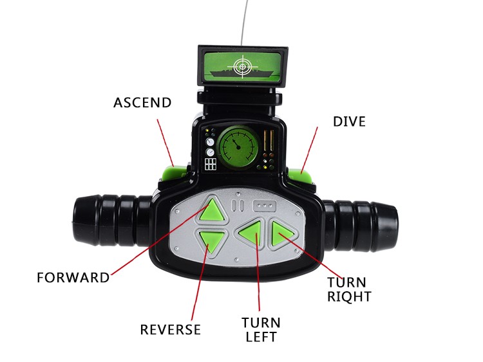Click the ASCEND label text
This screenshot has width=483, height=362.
(142, 102)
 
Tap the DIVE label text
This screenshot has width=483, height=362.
(349, 121)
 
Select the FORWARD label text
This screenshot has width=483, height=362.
(73, 278)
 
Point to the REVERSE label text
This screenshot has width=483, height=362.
(171, 330)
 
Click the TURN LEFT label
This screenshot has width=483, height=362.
(261, 329)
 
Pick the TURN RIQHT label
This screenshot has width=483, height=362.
(349, 289)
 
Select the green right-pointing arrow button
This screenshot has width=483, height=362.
(281, 234)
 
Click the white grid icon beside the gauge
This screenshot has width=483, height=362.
(211, 163)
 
